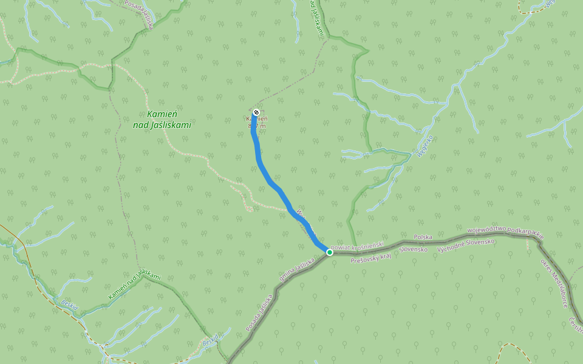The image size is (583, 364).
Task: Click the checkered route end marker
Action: pos(256,112)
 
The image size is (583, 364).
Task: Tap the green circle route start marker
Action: pos(329,252)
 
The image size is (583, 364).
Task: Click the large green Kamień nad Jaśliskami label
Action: pos(162,120)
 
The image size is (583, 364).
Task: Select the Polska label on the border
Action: pos(423,237)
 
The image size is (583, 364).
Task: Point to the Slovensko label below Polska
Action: pos(414,249)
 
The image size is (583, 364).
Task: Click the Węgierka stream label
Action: pos(425,146)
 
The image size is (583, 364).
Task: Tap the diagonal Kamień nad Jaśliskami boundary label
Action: pos(134,285)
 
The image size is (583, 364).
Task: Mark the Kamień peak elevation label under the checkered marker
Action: pos(256,122)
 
